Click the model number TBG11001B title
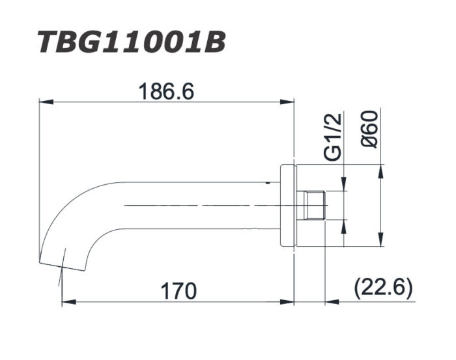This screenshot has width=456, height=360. [131, 42]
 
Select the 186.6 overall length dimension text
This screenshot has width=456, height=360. [165, 92]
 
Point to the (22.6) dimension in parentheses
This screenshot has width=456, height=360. [383, 288]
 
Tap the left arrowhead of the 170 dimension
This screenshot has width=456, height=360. [66, 302]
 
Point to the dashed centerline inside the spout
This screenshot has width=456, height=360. [195, 205]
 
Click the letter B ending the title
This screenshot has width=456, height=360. [214, 42]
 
